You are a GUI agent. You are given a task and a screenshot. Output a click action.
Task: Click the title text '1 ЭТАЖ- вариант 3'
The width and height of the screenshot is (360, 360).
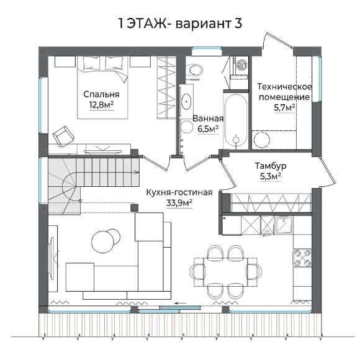pyautogui.click(x=180, y=24)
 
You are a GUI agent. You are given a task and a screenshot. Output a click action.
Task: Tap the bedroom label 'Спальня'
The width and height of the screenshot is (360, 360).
pyautogui.click(x=101, y=94)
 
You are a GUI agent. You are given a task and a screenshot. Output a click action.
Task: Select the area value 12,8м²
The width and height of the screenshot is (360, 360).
pyautogui.click(x=101, y=105)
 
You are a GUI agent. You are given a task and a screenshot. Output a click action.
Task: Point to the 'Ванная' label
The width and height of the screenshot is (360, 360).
pyautogui.click(x=208, y=119)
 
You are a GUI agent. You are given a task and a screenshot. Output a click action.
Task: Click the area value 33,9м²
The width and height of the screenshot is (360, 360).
pyautogui.click(x=179, y=203)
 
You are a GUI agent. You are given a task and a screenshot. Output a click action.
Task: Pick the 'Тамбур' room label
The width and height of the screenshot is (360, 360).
pyautogui.click(x=271, y=166)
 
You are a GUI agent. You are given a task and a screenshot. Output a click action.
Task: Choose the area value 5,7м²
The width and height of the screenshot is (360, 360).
pyautogui.click(x=284, y=107)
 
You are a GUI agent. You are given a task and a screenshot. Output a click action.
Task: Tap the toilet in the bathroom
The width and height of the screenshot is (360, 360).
pyautogui.click(x=194, y=70)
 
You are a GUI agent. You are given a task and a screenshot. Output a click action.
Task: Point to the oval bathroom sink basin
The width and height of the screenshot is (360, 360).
pyautogui.click(x=186, y=101)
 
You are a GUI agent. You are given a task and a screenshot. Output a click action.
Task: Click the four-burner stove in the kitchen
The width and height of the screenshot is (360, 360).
pyautogui.click(x=302, y=258)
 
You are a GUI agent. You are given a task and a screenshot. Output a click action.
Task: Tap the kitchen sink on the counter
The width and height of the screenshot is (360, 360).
pyautogui.click(x=284, y=225)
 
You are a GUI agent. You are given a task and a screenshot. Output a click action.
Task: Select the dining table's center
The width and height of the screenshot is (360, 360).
pyautogui.click(x=225, y=272)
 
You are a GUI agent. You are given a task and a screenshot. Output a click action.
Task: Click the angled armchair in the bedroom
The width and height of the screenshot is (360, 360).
pyautogui.click(x=63, y=137)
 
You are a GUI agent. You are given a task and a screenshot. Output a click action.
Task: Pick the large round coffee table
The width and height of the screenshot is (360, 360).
pyautogui.click(x=102, y=242)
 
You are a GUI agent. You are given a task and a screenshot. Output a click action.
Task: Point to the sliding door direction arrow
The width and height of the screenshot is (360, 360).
pyautogui.click(x=181, y=303)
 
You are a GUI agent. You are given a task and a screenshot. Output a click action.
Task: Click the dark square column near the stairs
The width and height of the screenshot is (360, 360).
pyautogui.click(x=135, y=207)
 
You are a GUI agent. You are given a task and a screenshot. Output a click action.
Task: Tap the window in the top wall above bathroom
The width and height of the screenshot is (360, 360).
pyautogui.click(x=207, y=48)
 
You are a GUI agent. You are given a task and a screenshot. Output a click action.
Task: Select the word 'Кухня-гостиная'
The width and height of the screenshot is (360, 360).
pyautogui.click(x=179, y=192)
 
